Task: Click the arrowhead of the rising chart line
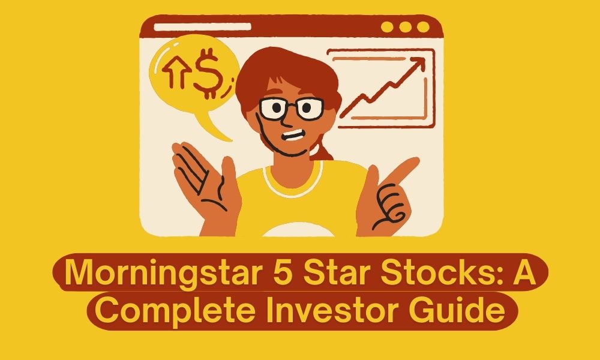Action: pos(414,65)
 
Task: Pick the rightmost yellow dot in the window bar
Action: pos(423,27)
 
